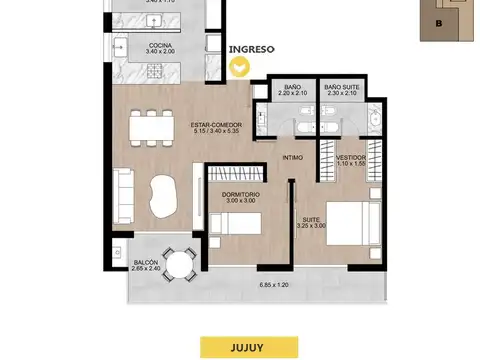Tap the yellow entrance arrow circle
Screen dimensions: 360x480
[x=240, y=68]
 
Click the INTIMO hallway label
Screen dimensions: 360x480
[x=292, y=157]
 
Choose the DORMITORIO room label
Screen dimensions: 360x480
[x=240, y=197]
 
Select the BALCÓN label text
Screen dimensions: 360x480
[x=147, y=265]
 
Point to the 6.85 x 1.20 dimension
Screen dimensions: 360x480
[x=274, y=286]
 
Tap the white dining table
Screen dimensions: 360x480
[x=150, y=128]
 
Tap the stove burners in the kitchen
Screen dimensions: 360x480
[x=155, y=71]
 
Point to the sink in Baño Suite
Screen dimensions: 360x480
[x=371, y=119]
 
